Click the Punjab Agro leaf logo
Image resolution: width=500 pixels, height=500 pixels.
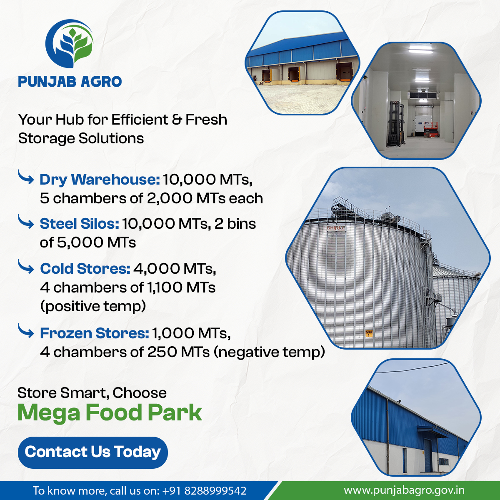[70, 44]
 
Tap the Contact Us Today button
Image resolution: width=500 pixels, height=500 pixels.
[92, 452]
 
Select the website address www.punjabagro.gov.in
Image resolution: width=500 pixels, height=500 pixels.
[404, 490]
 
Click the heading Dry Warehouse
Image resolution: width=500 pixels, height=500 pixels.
[100, 180]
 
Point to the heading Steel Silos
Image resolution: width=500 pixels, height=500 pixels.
[79, 224]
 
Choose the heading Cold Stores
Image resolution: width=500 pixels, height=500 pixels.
[85, 269]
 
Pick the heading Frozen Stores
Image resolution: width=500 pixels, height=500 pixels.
[94, 333]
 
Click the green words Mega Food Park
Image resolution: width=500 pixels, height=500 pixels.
[110, 412]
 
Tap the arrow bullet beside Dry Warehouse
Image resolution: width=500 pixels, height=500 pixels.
[26, 178]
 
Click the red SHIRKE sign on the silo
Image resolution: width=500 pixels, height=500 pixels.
[336, 228]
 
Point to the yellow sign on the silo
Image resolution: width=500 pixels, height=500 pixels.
[368, 333]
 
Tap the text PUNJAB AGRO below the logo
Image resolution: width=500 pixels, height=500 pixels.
[70, 82]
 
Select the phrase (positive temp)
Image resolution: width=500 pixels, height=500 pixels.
[93, 307]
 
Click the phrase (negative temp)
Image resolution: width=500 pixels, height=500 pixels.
[269, 352]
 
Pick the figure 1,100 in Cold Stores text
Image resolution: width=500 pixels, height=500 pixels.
[164, 287]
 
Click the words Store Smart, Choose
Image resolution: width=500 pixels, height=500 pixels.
[92, 393]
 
